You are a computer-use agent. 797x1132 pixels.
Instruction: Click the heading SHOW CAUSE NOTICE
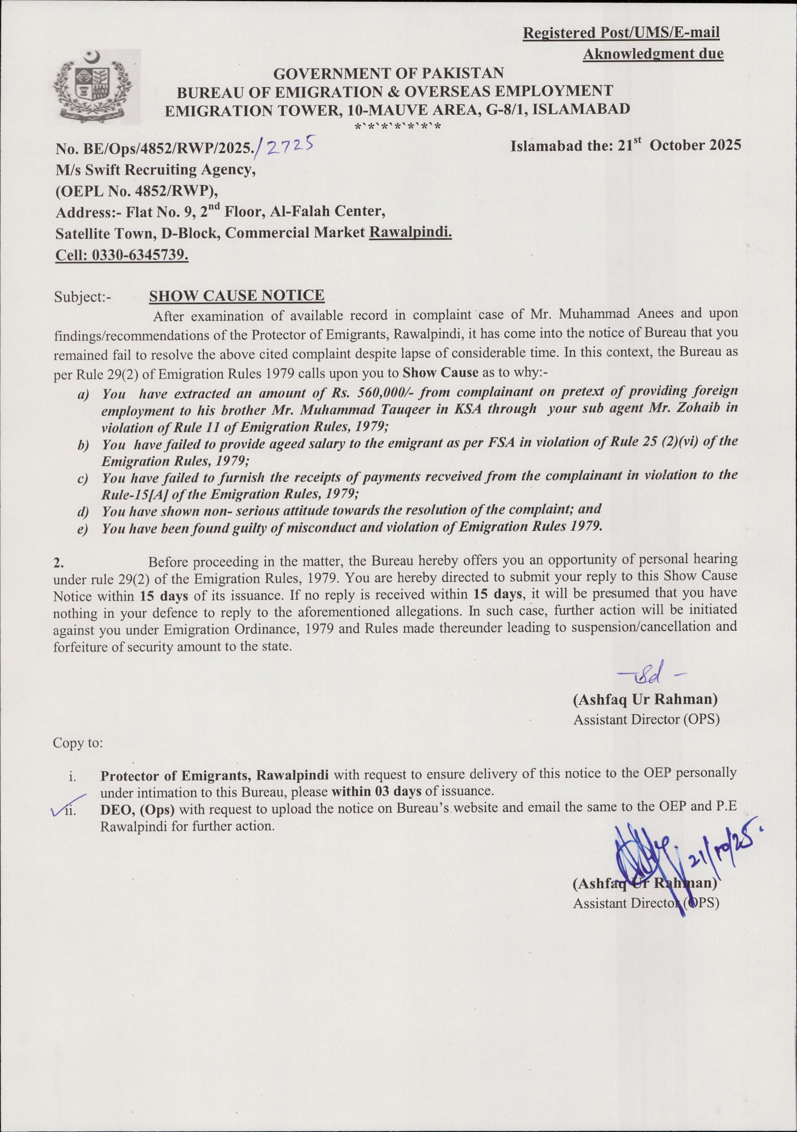click(236, 296)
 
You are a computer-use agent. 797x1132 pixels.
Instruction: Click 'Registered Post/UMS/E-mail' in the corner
click(621, 33)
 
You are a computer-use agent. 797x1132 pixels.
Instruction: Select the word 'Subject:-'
click(83, 297)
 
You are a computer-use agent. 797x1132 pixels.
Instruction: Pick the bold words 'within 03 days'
click(376, 791)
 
